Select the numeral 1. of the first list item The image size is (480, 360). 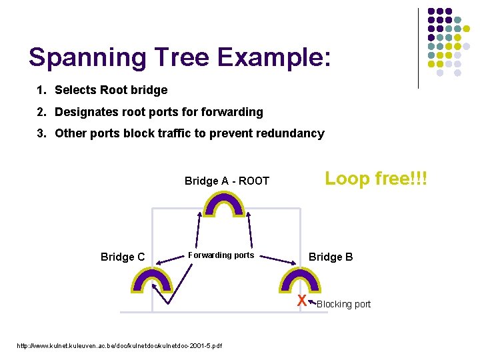coord(43,90)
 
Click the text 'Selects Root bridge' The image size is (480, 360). coord(111,90)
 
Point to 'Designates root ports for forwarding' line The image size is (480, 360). coord(159,112)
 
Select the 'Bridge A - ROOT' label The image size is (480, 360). coord(227,181)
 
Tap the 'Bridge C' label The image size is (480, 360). coord(122,257)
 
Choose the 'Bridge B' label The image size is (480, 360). coord(331,257)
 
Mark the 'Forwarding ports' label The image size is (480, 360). coord(221,255)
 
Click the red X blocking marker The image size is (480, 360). coord(302,301)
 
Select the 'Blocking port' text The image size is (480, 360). coord(343,305)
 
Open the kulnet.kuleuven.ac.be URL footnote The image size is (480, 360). coord(119,345)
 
